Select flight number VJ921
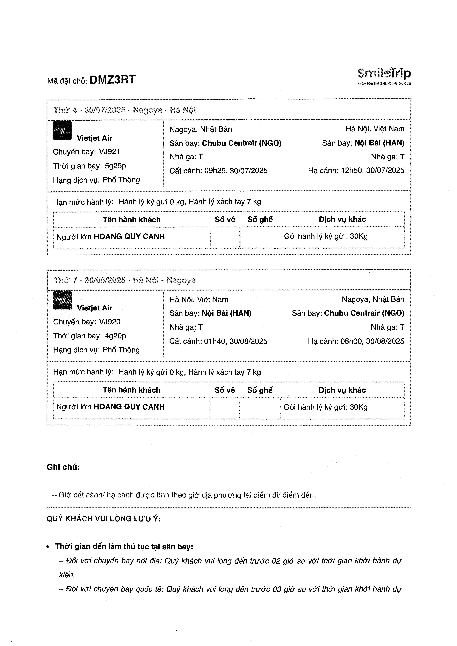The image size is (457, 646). pyautogui.click(x=109, y=152)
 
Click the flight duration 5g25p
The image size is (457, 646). pyautogui.click(x=115, y=166)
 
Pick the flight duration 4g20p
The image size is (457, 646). pyautogui.click(x=115, y=336)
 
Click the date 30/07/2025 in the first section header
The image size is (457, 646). pyautogui.click(x=105, y=110)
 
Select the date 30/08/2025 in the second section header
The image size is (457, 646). pyautogui.click(x=105, y=280)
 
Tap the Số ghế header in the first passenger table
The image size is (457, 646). pyautogui.click(x=260, y=220)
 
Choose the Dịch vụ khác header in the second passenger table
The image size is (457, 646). pyautogui.click(x=342, y=390)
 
